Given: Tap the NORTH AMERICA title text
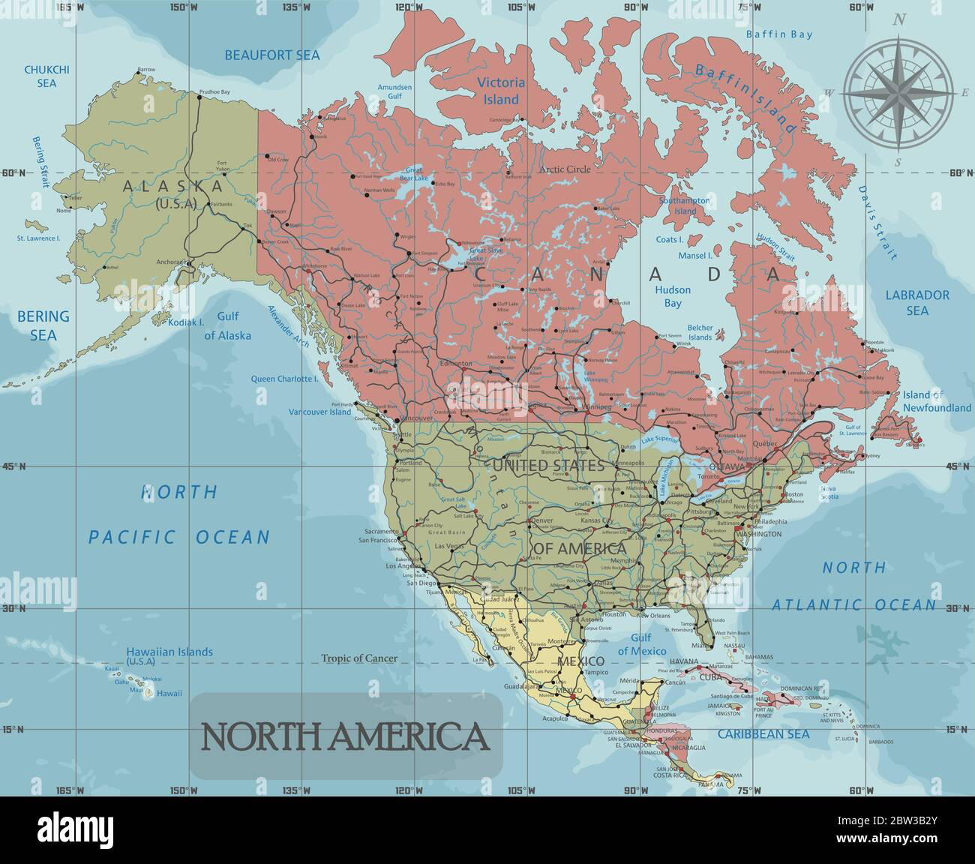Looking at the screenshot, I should (345, 736).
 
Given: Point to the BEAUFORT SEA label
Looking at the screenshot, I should (271, 55).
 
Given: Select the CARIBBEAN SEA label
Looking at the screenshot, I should (763, 733).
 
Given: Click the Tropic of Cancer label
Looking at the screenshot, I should (359, 658).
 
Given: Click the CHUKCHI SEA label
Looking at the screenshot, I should (46, 76).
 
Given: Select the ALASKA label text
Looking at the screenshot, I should (173, 186).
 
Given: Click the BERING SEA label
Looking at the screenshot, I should (43, 325).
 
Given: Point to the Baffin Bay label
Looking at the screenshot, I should (779, 34).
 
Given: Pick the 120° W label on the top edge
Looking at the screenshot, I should (406, 7).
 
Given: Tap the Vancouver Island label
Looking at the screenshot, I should (319, 412).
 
